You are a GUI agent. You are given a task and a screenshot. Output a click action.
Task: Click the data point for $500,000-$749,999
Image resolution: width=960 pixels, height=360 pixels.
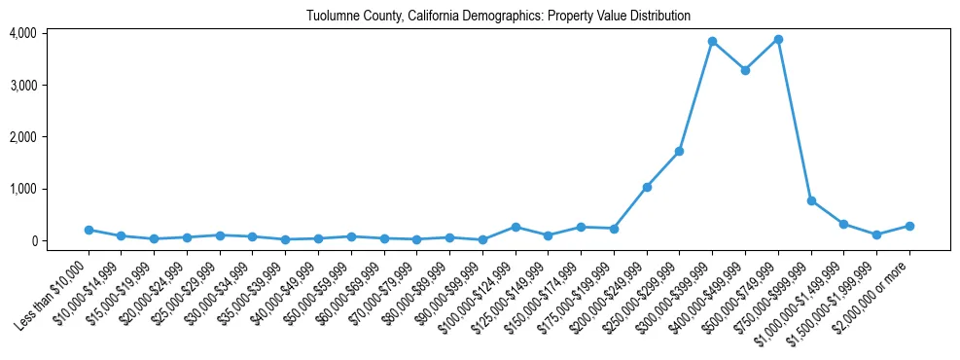(778, 40)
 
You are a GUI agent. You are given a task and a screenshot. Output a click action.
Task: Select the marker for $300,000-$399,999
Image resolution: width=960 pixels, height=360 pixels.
(712, 41)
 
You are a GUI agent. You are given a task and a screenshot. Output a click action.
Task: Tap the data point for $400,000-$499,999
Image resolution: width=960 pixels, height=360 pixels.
(745, 70)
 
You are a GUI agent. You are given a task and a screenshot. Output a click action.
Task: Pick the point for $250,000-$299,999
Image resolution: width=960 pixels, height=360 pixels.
(679, 151)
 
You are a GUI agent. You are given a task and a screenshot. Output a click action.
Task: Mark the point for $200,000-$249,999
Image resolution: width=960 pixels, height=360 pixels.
(647, 187)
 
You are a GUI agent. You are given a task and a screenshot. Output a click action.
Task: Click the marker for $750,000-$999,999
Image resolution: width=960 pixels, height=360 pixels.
(811, 200)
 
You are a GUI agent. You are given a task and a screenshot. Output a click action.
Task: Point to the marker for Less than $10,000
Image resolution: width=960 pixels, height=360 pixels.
(89, 230)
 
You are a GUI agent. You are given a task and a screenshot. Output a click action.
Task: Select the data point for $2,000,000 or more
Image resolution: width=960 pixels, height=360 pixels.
(909, 226)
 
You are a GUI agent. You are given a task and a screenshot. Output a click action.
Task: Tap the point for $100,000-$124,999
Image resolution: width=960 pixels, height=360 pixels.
(516, 227)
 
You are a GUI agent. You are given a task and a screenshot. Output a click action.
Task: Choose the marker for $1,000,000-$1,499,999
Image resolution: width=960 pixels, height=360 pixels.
(843, 224)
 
